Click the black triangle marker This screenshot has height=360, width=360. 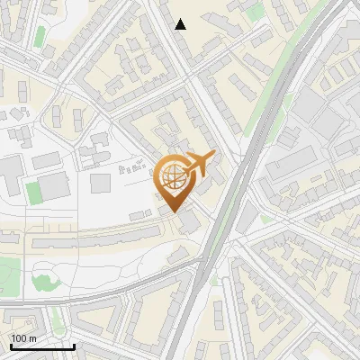coord(181,24)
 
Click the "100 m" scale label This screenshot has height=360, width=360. coord(24,338)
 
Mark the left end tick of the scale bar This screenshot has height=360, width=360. coord(11,346)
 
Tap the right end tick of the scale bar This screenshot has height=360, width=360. coord(74,346)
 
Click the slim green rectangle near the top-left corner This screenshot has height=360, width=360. coord(40,36)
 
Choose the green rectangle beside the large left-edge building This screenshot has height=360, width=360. coord(33,192)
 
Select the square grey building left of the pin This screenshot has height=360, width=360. coord(100,183)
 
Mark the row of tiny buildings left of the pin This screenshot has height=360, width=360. coord(132,167)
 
